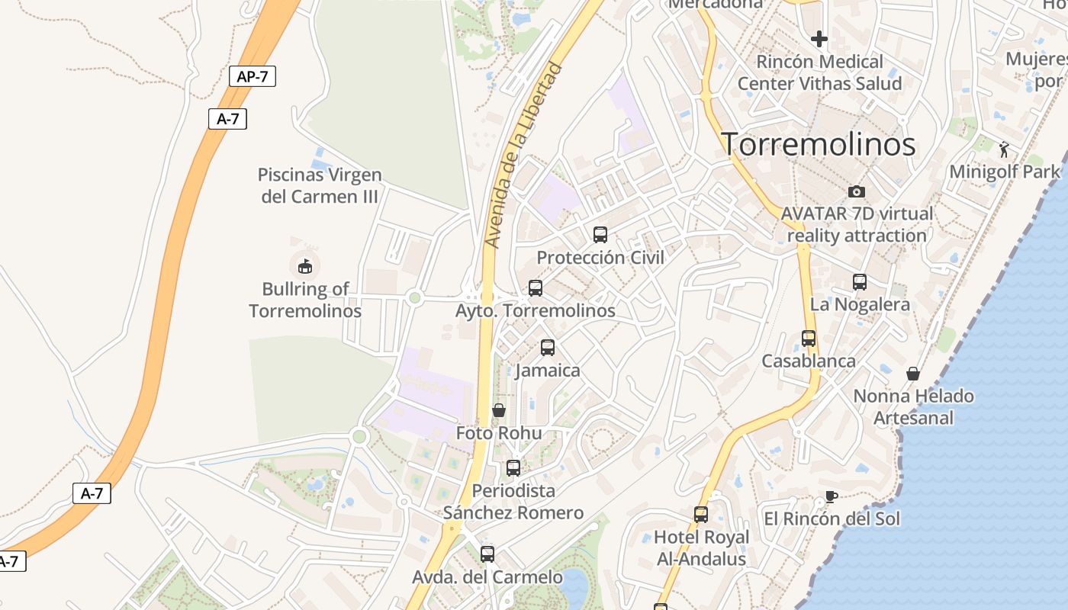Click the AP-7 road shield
[x=253, y=76]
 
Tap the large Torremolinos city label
[x=819, y=144]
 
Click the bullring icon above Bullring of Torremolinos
[x=304, y=266]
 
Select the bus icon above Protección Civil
[x=600, y=235]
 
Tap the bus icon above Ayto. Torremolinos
[x=536, y=288]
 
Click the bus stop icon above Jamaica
[x=548, y=348]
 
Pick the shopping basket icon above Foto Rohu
[x=499, y=410]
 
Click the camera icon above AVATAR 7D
[x=857, y=191]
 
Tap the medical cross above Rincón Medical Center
[x=819, y=38]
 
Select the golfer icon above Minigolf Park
[x=1004, y=149]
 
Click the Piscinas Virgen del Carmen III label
[x=320, y=185]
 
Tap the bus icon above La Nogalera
[x=860, y=282]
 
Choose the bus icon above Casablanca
[x=809, y=339]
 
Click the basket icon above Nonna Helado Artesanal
[x=913, y=374]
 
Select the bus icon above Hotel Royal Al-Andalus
[x=701, y=515]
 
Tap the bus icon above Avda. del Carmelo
[x=487, y=554]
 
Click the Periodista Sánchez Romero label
[x=513, y=502]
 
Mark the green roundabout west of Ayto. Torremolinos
[x=414, y=297]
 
